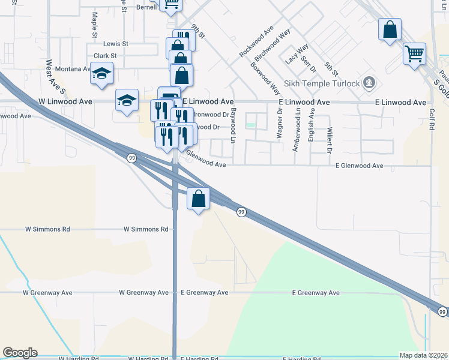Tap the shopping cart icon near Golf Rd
pyautogui.click(x=414, y=54)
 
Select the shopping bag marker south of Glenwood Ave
pyautogui.click(x=198, y=198)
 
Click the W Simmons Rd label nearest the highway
pyautogui.click(x=146, y=229)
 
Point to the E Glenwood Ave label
pyautogui.click(x=359, y=165)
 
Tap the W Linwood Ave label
pyautogui.click(x=65, y=102)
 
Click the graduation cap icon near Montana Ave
pyautogui.click(x=102, y=74)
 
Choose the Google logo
pyautogui.click(x=20, y=353)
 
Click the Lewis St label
pyautogui.click(x=116, y=44)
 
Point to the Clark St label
pyautogui.click(x=104, y=55)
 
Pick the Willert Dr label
pyautogui.click(x=330, y=140)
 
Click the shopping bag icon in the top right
pyautogui.click(x=390, y=29)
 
